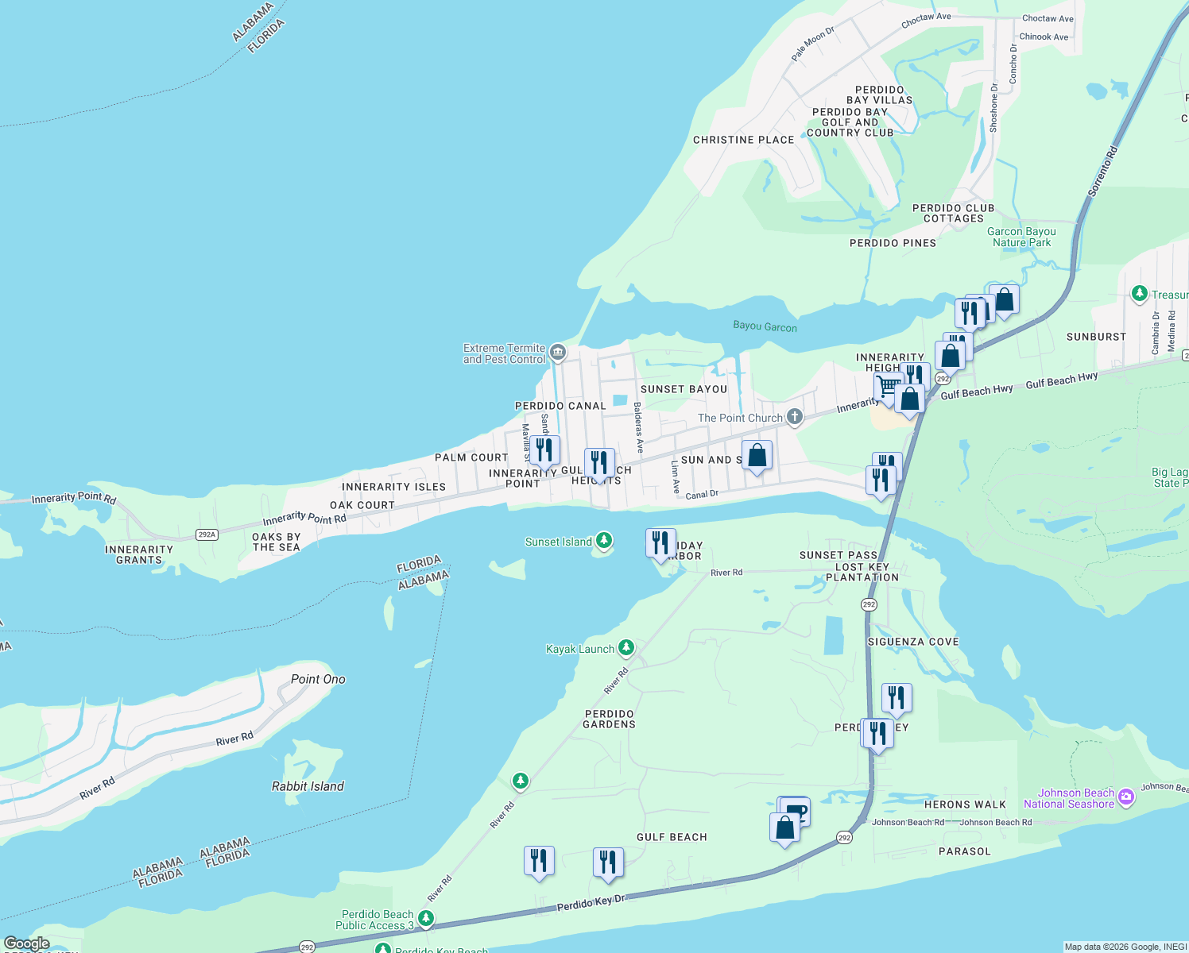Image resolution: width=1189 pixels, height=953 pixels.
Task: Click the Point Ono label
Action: pyautogui.click(x=318, y=679)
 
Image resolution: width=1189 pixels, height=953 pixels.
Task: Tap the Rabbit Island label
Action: pyautogui.click(x=308, y=786)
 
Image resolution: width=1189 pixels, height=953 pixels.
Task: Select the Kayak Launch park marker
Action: pyautogui.click(x=626, y=649)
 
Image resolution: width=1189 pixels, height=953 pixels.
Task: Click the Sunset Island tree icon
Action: pyautogui.click(x=604, y=542)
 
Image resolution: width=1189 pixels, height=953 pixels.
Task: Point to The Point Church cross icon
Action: pyautogui.click(x=794, y=417)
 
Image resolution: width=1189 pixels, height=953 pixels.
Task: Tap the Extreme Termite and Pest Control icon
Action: pyautogui.click(x=558, y=352)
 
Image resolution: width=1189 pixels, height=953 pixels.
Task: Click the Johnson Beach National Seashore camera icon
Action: pyautogui.click(x=1125, y=797)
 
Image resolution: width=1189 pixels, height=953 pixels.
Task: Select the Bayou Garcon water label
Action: pyautogui.click(x=765, y=326)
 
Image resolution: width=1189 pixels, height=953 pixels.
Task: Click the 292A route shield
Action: pyautogui.click(x=207, y=534)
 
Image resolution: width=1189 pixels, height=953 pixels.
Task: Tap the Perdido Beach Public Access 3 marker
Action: pyautogui.click(x=427, y=919)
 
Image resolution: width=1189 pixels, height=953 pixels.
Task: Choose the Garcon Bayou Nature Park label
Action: pyautogui.click(x=1021, y=237)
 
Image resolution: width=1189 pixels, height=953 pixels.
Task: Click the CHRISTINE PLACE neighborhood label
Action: pyautogui.click(x=743, y=140)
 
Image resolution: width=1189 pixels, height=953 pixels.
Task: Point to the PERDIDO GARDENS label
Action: pyautogui.click(x=609, y=719)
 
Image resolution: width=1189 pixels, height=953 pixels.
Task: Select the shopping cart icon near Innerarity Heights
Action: pyautogui.click(x=888, y=387)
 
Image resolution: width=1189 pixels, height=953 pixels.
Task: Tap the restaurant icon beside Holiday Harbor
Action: pyautogui.click(x=660, y=543)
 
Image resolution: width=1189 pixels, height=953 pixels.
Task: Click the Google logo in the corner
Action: pyautogui.click(x=26, y=943)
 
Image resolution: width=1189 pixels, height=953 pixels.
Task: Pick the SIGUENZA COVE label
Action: pyautogui.click(x=912, y=642)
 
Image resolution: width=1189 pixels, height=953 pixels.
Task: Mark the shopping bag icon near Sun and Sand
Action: pyautogui.click(x=757, y=456)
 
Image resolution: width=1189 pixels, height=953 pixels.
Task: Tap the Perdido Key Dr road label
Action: pyautogui.click(x=591, y=903)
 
